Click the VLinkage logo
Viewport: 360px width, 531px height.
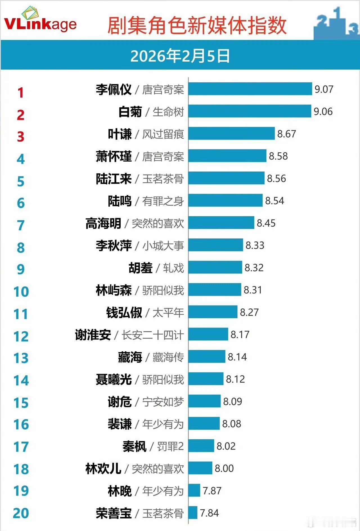(40, 21)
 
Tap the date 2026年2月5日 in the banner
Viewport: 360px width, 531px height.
(180, 56)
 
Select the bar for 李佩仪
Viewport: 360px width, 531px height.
(250, 89)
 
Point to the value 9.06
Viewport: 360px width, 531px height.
(323, 112)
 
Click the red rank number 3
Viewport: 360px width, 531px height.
(21, 137)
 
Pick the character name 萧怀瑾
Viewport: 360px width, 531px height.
(114, 156)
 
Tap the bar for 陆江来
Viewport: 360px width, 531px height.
(226, 178)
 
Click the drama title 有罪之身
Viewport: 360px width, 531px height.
(163, 201)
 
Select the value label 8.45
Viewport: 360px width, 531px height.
(266, 223)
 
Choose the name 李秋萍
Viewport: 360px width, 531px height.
(114, 246)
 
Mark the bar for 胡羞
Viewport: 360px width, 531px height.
(215, 267)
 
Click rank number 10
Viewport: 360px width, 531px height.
(21, 292)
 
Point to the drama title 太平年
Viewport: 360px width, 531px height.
(168, 313)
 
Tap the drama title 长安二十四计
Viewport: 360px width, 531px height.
(152, 335)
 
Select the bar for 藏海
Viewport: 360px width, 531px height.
(207, 357)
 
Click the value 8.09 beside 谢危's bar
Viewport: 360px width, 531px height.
(233, 401)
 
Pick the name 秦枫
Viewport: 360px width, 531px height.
(134, 446)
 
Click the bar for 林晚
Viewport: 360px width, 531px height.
(194, 491)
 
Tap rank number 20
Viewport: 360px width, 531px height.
(21, 513)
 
